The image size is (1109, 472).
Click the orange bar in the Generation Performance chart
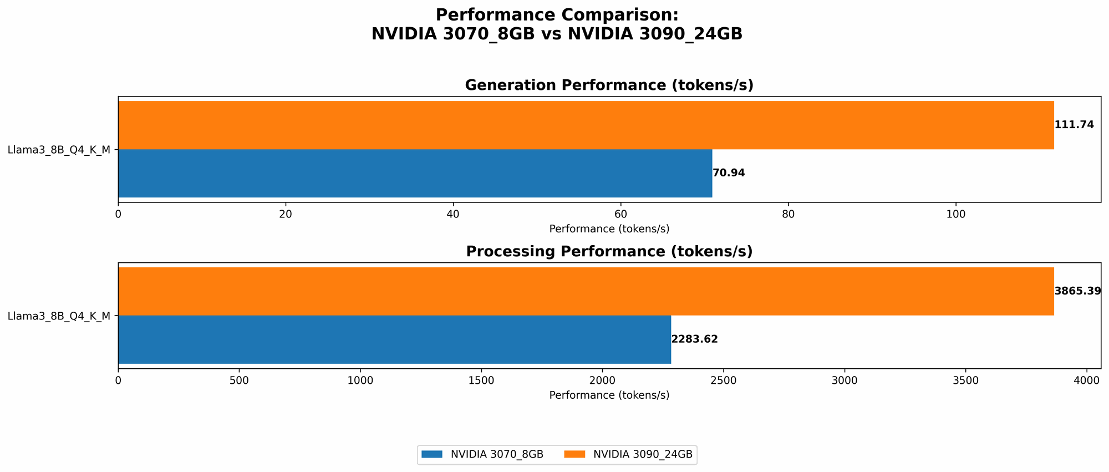(586, 125)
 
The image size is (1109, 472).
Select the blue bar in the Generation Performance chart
(415, 173)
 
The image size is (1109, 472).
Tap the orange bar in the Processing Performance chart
(586, 291)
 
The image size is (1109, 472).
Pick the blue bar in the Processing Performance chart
(394, 339)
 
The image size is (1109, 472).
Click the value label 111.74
(1074, 125)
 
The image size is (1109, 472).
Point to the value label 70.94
(729, 173)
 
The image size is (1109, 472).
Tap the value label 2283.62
(694, 339)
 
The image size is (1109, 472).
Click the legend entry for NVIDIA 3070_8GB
(482, 454)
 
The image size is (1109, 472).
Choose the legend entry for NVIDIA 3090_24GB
(629, 454)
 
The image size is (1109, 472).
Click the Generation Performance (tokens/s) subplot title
(609, 85)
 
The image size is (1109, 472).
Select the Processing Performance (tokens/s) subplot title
(609, 252)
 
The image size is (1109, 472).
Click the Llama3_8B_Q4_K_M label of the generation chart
(59, 150)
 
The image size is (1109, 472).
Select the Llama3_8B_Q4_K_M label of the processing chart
(59, 316)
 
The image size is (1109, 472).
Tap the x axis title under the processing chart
(609, 395)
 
